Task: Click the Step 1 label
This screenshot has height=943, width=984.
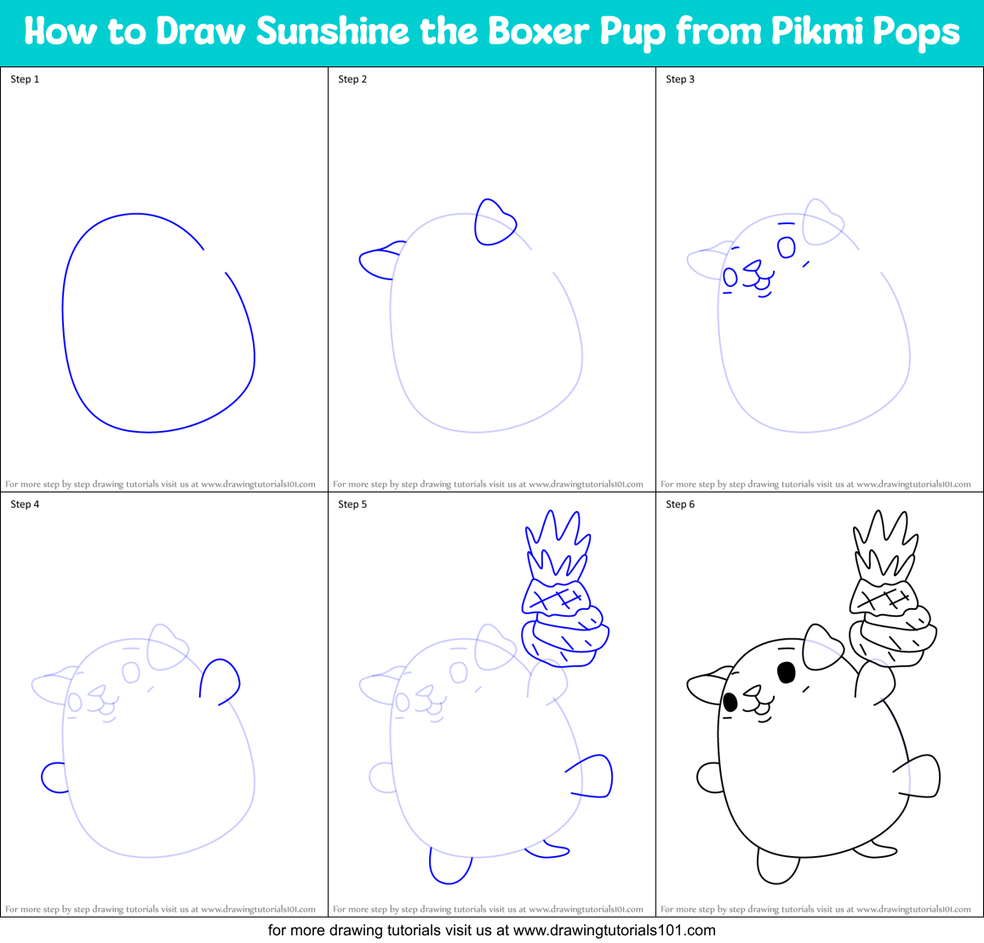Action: [x=25, y=79]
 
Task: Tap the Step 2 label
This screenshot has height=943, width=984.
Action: [x=352, y=79]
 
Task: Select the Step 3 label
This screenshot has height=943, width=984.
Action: [x=680, y=79]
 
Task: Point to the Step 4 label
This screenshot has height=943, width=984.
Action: [x=25, y=504]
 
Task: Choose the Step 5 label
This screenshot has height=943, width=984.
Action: [x=352, y=504]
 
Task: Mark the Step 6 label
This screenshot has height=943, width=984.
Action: [x=680, y=504]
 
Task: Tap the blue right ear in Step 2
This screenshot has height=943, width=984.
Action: [x=493, y=223]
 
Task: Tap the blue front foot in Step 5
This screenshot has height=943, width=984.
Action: [x=449, y=867]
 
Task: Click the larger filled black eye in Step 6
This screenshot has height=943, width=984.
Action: [x=787, y=672]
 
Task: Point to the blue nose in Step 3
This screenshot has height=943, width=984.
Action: [x=751, y=267]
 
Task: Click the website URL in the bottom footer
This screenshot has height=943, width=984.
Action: [x=614, y=930]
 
